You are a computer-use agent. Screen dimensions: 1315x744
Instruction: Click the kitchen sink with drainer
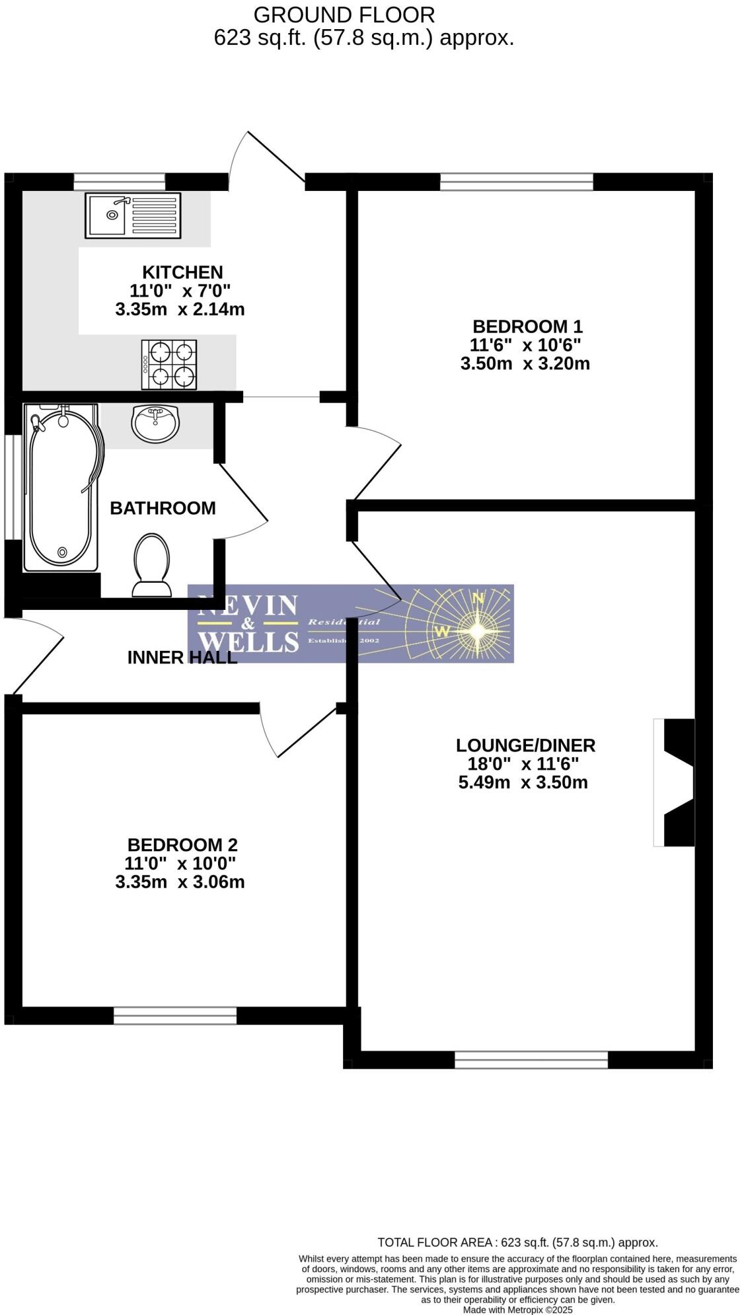pyautogui.click(x=132, y=215)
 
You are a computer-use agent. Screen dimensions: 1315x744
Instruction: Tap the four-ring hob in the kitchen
pyautogui.click(x=169, y=365)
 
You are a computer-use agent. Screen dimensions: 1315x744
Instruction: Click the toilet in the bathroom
pyautogui.click(x=151, y=565)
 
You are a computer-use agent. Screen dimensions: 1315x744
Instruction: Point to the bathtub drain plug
pyautogui.click(x=63, y=552)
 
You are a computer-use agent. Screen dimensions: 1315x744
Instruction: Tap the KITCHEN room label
pyautogui.click(x=182, y=272)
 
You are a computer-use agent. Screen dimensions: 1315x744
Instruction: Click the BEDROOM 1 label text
pyautogui.click(x=527, y=326)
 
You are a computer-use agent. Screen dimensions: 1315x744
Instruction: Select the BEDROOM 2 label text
pyautogui.click(x=182, y=845)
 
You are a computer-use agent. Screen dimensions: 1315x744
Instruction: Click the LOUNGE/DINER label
pyautogui.click(x=525, y=745)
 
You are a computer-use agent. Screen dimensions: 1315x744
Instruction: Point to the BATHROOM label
pyautogui.click(x=163, y=508)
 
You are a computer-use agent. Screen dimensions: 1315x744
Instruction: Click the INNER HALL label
pyautogui.click(x=182, y=657)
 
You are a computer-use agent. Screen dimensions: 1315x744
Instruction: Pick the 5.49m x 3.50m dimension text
pyautogui.click(x=523, y=783)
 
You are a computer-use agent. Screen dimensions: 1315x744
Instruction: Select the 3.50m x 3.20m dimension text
pyautogui.click(x=525, y=363)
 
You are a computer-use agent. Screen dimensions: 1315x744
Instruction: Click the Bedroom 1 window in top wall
pyautogui.click(x=517, y=181)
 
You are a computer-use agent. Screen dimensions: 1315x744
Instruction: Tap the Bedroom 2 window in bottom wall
pyautogui.click(x=175, y=1016)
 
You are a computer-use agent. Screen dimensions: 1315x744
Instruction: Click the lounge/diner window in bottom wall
pyautogui.click(x=531, y=1060)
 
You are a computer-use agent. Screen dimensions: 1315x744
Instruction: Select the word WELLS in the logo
pyautogui.click(x=248, y=641)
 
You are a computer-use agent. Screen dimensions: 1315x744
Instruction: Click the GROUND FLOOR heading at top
pyautogui.click(x=344, y=15)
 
